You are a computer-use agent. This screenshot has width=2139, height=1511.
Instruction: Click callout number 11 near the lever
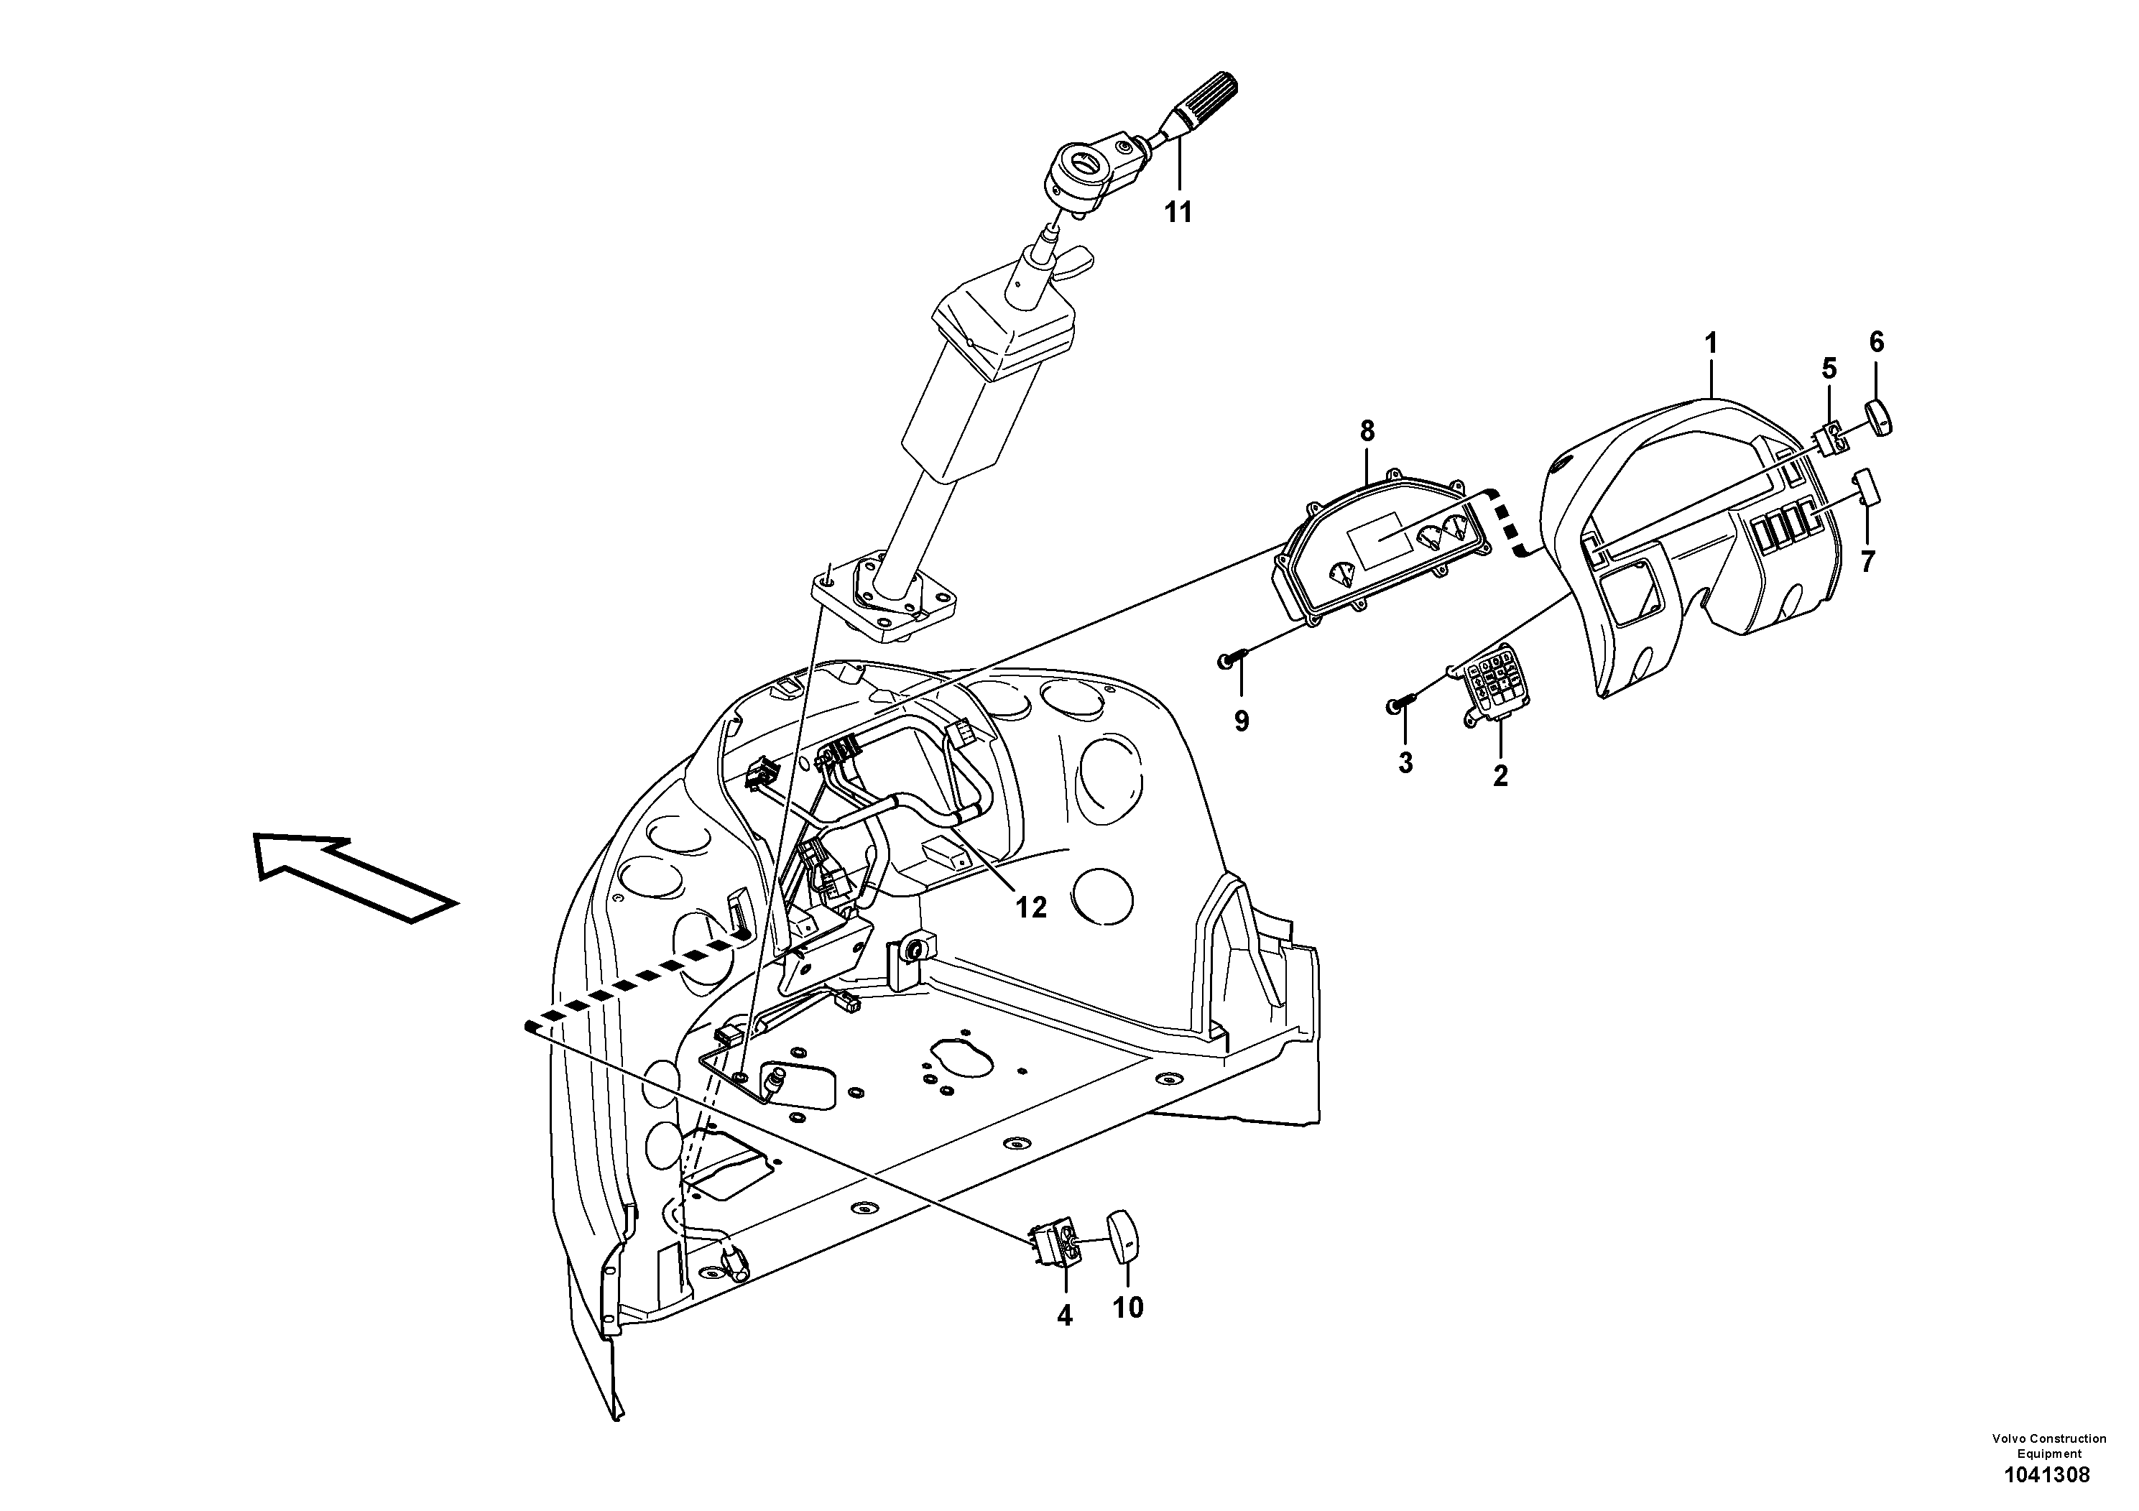(1178, 213)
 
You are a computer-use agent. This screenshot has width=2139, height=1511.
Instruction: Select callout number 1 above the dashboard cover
(1711, 343)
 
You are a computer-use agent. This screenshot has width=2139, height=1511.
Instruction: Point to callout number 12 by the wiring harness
(1031, 907)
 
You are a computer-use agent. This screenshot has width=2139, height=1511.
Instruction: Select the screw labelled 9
(1230, 660)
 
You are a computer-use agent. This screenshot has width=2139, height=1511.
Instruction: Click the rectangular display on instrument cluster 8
(1382, 538)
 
